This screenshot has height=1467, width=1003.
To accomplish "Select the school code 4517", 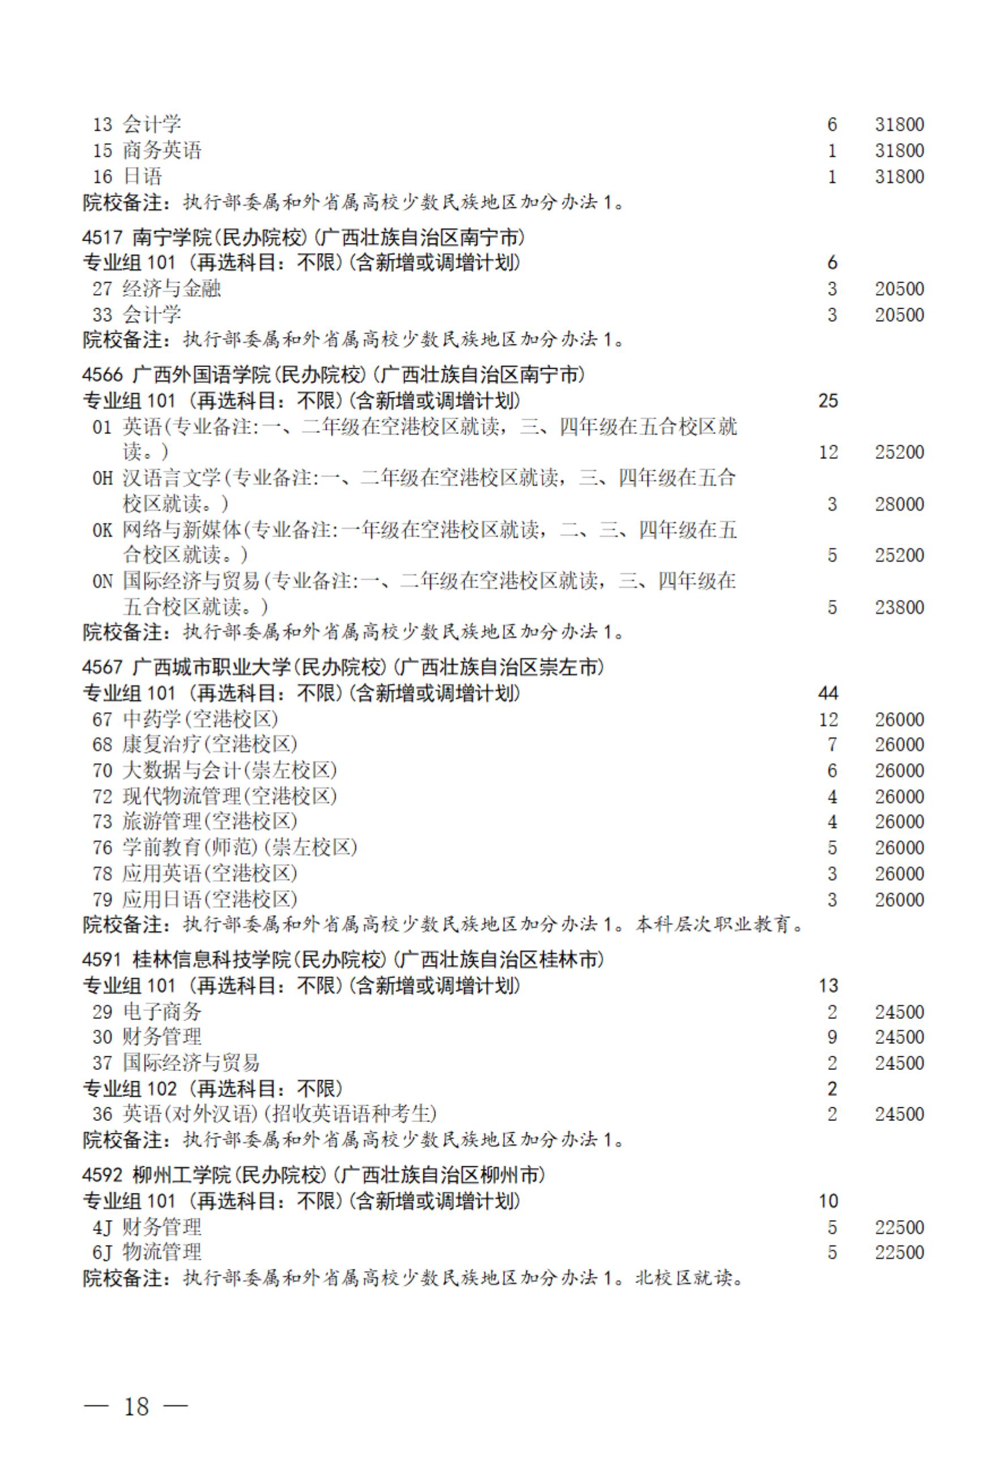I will pyautogui.click(x=101, y=237).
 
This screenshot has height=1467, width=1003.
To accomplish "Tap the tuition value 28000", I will pyautogui.click(x=899, y=504).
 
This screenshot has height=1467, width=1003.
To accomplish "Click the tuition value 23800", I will pyautogui.click(x=899, y=607).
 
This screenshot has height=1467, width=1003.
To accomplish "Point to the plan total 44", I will pyautogui.click(x=828, y=693).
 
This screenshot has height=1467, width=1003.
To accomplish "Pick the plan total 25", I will pyautogui.click(x=828, y=401).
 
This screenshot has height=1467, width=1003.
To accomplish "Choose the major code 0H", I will pyautogui.click(x=102, y=478).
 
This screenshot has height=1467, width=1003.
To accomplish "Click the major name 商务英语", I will pyautogui.click(x=161, y=150).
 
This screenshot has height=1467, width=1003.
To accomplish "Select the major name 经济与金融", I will pyautogui.click(x=172, y=288).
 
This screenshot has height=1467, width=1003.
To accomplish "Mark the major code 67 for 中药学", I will pyautogui.click(x=102, y=719).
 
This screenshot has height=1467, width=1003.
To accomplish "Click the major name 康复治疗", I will pyautogui.click(x=161, y=744).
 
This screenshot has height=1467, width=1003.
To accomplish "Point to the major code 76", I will pyautogui.click(x=102, y=847).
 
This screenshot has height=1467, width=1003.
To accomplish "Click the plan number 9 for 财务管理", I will pyautogui.click(x=832, y=1037).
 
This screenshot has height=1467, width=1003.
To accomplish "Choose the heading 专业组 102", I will pyautogui.click(x=130, y=1088).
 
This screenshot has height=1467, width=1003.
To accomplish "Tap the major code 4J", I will pyautogui.click(x=102, y=1227).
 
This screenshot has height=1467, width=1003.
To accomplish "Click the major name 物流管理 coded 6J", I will pyautogui.click(x=161, y=1252).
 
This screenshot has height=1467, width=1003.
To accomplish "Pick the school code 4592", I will pyautogui.click(x=101, y=1175).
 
